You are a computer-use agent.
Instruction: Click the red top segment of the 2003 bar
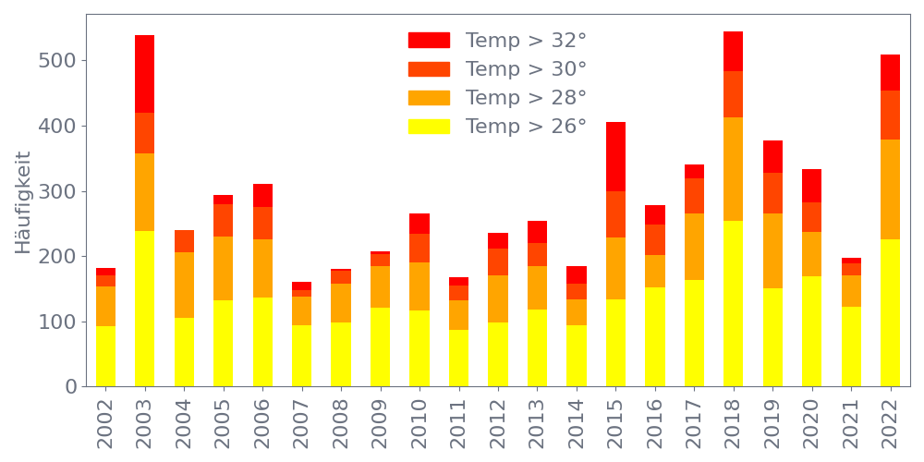pyautogui.click(x=144, y=74)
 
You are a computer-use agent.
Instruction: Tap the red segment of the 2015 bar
pyautogui.click(x=615, y=156)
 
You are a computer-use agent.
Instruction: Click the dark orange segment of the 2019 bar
pyautogui.click(x=772, y=193)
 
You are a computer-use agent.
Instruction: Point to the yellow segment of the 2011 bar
pyautogui.click(x=458, y=358)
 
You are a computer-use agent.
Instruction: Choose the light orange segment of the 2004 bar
pyautogui.click(x=184, y=285)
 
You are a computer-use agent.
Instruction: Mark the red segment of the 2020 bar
pyautogui.click(x=811, y=186)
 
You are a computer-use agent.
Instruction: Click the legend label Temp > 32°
pyautogui.click(x=526, y=41)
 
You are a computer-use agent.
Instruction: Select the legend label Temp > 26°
pyautogui.click(x=526, y=127)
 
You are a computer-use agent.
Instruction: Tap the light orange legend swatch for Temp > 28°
pyautogui.click(x=429, y=98)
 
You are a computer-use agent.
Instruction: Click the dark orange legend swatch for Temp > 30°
pyautogui.click(x=429, y=69)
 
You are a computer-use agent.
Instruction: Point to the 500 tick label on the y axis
pyautogui.click(x=58, y=61)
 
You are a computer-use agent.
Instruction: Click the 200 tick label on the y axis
pyautogui.click(x=58, y=257)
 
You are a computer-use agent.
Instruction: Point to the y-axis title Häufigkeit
pyautogui.click(x=23, y=202)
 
